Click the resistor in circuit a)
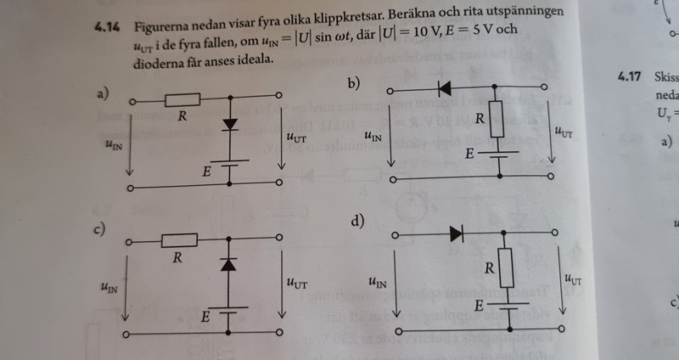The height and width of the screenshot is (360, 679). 182,99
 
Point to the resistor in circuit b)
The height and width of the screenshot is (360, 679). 497,120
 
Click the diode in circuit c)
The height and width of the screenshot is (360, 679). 227,265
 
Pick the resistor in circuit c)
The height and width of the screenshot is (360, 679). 179,240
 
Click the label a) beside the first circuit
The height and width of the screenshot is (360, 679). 104,93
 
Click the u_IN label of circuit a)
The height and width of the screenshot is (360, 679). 112,144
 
